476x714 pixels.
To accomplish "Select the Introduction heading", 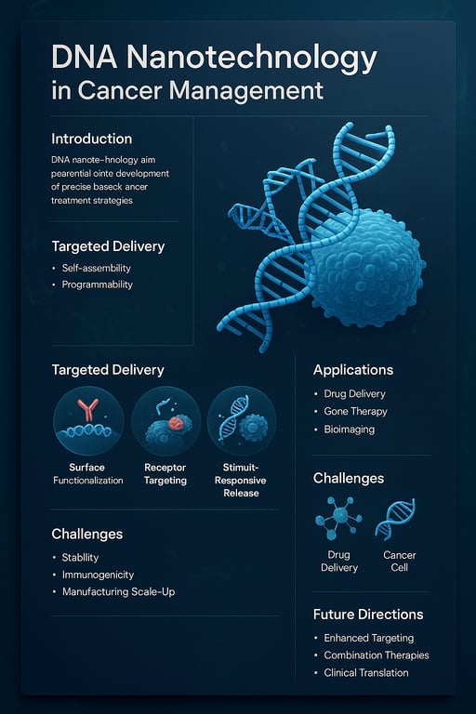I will pyautogui.click(x=91, y=139).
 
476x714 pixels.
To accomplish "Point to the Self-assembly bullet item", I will pyautogui.click(x=96, y=268).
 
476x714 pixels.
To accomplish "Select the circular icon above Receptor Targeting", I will pyautogui.click(x=165, y=421).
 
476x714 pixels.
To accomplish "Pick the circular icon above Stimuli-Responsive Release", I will pyautogui.click(x=241, y=421).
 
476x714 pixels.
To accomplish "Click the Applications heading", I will pyautogui.click(x=353, y=369).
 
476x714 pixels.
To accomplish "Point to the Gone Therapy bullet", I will pyautogui.click(x=355, y=411).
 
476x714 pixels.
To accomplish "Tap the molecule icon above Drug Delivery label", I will pyautogui.click(x=338, y=518).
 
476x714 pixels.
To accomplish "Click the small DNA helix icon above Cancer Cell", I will pyautogui.click(x=399, y=519).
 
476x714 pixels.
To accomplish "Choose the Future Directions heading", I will pyautogui.click(x=368, y=614).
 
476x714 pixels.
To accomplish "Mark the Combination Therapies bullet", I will pyautogui.click(x=377, y=655).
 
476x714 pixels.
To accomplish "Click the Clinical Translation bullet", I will pyautogui.click(x=366, y=672).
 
